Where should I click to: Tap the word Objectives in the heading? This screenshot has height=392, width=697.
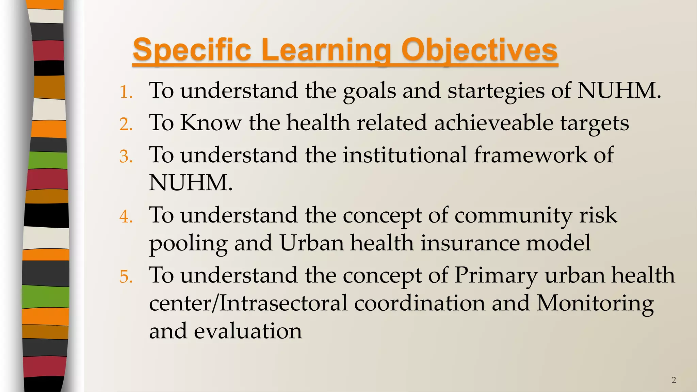tap(479, 50)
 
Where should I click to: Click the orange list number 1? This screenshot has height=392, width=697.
tap(126, 92)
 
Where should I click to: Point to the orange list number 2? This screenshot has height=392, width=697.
tap(126, 124)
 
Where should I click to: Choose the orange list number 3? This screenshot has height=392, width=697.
tap(126, 157)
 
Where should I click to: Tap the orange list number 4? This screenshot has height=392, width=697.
tap(126, 217)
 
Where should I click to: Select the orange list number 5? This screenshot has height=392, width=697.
tap(126, 277)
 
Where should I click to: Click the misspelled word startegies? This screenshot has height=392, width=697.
tap(496, 91)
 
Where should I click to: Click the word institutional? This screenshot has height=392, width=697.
tap(405, 155)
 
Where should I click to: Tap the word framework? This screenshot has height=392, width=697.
tap(530, 155)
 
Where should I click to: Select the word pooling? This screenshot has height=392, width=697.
tap(188, 244)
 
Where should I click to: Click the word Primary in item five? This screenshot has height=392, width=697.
tap(496, 275)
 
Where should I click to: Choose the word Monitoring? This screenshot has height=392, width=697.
tap(595, 303)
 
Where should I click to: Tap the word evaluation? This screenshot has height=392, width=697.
tap(248, 331)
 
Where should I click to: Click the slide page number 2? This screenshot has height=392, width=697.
tap(674, 380)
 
